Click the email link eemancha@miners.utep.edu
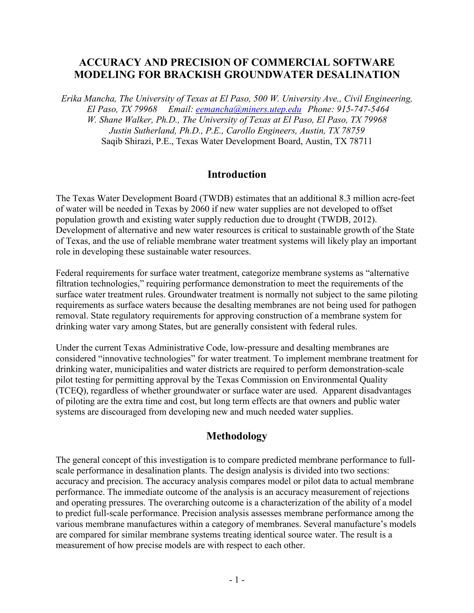click(x=248, y=109)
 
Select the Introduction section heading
click(x=237, y=174)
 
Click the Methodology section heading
click(x=237, y=436)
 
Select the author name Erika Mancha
click(x=88, y=99)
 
